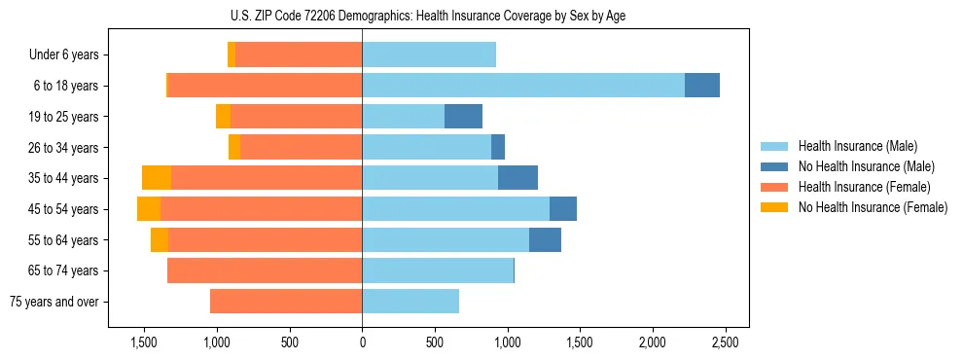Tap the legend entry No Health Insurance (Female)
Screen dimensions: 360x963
tap(873, 207)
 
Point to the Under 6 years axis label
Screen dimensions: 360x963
tap(63, 55)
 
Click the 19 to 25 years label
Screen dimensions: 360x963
tap(63, 117)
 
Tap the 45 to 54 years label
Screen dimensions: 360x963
tap(63, 209)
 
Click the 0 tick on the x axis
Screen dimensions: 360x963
tap(362, 342)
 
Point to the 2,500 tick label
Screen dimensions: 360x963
tap(725, 342)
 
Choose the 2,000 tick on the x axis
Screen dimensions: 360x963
tap(652, 342)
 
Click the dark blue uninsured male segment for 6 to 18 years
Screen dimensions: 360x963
tap(702, 86)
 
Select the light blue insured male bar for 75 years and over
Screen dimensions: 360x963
tap(410, 302)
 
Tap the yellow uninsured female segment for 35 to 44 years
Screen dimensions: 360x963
tap(157, 178)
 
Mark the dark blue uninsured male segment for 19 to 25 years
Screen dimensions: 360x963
tap(463, 117)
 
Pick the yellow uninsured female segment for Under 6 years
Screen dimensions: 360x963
tap(232, 55)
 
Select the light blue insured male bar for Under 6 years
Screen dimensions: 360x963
tap(429, 55)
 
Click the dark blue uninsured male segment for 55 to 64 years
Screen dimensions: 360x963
tap(545, 240)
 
